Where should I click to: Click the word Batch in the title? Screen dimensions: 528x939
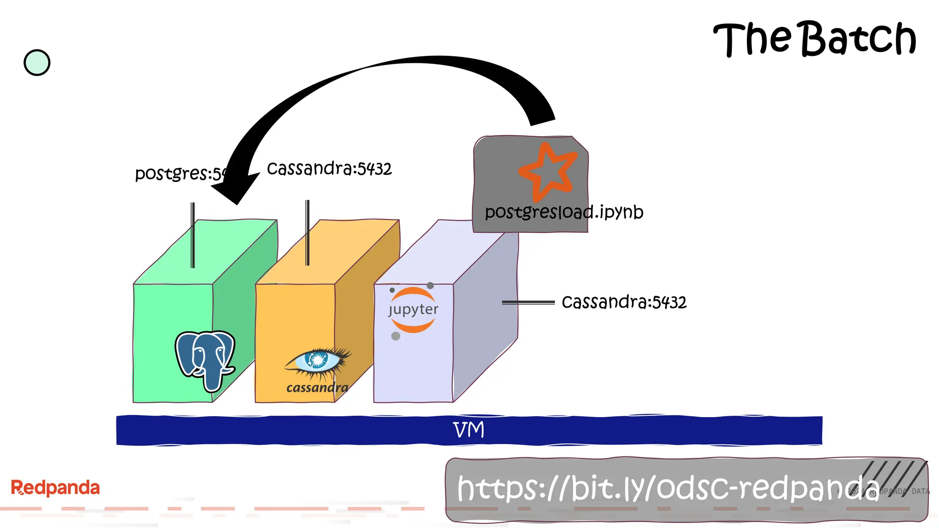tap(858, 39)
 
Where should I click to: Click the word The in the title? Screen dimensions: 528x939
tap(752, 39)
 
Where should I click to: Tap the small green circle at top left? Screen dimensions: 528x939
tap(37, 63)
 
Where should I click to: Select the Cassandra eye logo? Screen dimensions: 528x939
tap(318, 361)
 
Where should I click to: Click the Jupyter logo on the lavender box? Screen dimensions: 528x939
tap(413, 310)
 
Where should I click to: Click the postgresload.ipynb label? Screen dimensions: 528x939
tap(564, 212)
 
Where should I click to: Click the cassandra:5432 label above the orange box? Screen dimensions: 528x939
tap(329, 169)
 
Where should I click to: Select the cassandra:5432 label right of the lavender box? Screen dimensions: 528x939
tap(624, 302)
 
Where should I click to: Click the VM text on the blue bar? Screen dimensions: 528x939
tap(469, 430)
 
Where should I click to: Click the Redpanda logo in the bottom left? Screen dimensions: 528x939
tap(55, 488)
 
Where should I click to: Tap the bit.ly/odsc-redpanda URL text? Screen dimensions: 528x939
tap(668, 489)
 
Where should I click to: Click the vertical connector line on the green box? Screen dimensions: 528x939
tap(193, 235)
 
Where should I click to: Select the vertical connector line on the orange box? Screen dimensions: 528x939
tap(308, 233)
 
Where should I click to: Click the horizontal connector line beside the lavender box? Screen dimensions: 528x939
tap(528, 302)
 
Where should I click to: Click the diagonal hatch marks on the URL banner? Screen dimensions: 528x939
tap(894, 477)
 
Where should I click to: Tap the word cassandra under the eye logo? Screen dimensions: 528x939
tap(317, 388)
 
